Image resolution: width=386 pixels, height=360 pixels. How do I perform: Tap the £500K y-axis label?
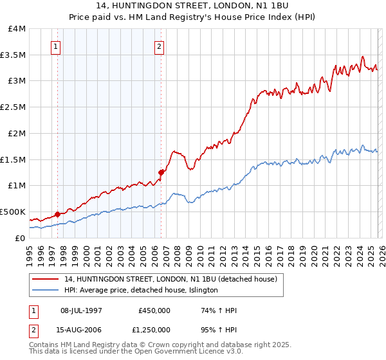(13, 212)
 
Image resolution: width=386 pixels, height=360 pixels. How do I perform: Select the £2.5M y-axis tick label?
(13, 107)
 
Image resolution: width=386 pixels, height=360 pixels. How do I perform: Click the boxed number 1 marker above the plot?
(57, 46)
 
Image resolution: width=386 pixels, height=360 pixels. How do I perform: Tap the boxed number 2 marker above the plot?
(159, 46)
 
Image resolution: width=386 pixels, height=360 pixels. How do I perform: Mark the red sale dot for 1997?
(57, 214)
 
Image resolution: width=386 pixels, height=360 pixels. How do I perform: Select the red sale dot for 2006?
(161, 172)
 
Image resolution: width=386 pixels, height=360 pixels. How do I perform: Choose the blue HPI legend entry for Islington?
(141, 291)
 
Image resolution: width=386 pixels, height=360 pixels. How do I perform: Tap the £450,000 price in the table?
(154, 310)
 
